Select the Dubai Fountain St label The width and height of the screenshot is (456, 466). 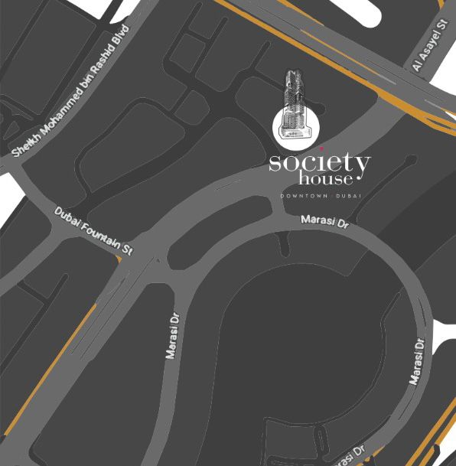[93, 231]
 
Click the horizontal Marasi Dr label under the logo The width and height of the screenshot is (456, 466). [324, 222]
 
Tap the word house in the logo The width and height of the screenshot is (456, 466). [326, 179]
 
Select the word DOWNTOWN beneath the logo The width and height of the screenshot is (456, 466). [305, 196]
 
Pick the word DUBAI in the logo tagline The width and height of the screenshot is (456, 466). [349, 196]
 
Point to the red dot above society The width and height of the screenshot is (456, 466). [321, 148]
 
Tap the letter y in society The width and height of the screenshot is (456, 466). [361, 166]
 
